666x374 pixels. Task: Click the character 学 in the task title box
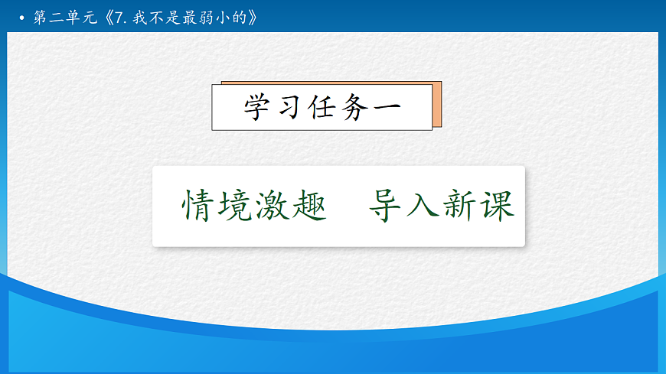click(258, 108)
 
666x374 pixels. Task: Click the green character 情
click(200, 205)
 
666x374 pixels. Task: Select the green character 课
click(497, 205)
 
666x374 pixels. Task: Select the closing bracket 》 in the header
click(264, 18)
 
